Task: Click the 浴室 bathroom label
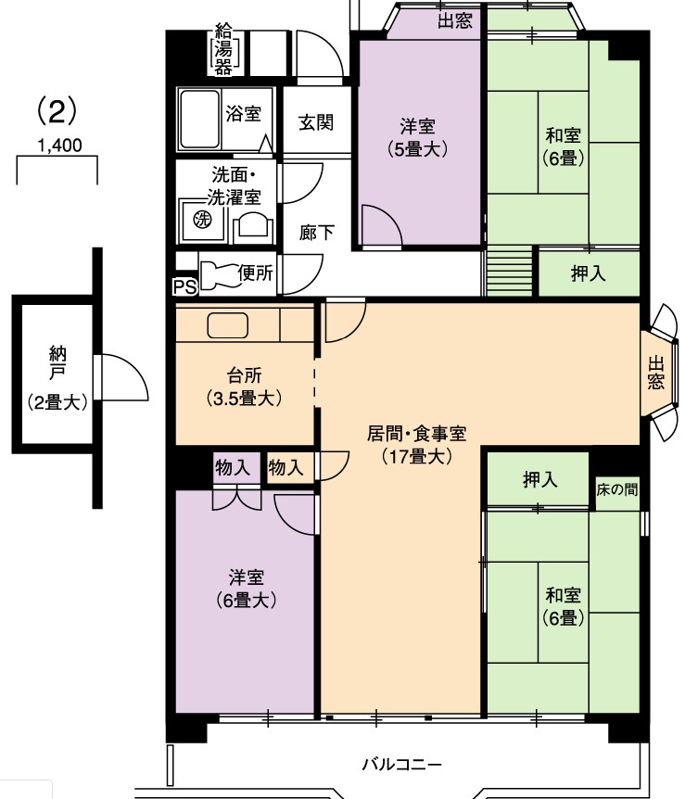pyautogui.click(x=244, y=113)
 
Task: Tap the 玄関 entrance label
pyautogui.click(x=316, y=122)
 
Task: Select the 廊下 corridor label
pyautogui.click(x=316, y=233)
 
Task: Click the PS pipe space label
pyautogui.click(x=185, y=287)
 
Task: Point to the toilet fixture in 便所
pyautogui.click(x=218, y=275)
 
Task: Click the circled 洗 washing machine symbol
pyautogui.click(x=202, y=220)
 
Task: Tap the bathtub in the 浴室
pyautogui.click(x=200, y=120)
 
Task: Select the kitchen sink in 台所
pyautogui.click(x=227, y=325)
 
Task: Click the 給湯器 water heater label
pyautogui.click(x=222, y=49)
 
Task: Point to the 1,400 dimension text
pyautogui.click(x=59, y=146)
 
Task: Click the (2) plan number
pyautogui.click(x=57, y=110)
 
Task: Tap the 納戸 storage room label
pyautogui.click(x=57, y=362)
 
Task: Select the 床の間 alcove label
pyautogui.click(x=616, y=489)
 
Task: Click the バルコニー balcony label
pyautogui.click(x=401, y=765)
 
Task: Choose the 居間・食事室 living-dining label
pyautogui.click(x=416, y=434)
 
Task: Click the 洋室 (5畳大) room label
pyautogui.click(x=417, y=137)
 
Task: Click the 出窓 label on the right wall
pyautogui.click(x=656, y=373)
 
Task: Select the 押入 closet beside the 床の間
pyautogui.click(x=539, y=479)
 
